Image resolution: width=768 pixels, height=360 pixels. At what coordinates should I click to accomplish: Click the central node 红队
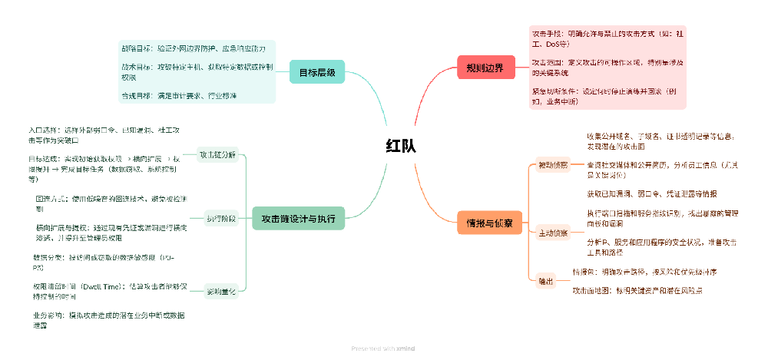tap(400, 146)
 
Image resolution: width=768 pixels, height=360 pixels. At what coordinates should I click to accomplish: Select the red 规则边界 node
tap(485, 68)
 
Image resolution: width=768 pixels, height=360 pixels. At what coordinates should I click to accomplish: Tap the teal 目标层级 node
tap(316, 73)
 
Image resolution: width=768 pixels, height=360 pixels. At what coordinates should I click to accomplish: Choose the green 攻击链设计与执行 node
tap(298, 219)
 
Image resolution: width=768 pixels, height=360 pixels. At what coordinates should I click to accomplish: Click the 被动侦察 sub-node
tap(552, 164)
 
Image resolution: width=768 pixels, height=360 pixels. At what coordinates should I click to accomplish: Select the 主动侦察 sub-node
tap(552, 232)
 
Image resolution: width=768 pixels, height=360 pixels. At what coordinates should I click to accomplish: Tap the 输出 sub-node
tap(545, 282)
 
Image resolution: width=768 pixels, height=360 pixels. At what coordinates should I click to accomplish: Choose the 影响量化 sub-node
tap(221, 292)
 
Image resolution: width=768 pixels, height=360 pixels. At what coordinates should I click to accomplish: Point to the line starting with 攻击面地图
tap(637, 291)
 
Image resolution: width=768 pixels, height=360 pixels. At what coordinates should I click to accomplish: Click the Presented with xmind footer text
tap(383, 348)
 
